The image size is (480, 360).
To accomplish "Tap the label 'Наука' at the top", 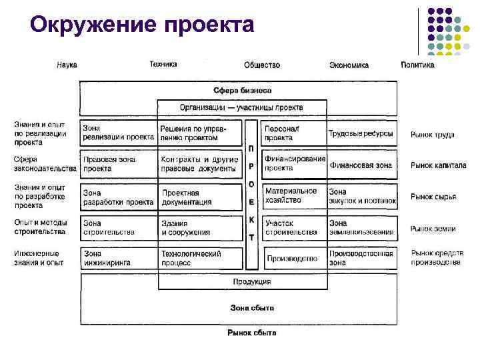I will click(67, 65).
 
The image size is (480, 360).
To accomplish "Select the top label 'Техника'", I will click(163, 65).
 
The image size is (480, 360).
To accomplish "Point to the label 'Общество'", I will click(262, 65).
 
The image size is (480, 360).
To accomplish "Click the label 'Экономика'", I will click(349, 65).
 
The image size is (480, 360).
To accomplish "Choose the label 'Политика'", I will click(417, 65).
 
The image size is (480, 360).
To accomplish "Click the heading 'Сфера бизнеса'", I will click(242, 90).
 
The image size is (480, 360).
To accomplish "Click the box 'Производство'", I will click(293, 258).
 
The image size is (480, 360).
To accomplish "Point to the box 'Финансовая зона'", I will click(361, 165).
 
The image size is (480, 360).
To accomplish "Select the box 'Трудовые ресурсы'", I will click(361, 134).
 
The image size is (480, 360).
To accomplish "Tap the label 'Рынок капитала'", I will click(438, 165).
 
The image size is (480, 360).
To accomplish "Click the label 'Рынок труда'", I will click(432, 135).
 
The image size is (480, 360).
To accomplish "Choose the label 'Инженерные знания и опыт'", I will click(39, 258).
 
